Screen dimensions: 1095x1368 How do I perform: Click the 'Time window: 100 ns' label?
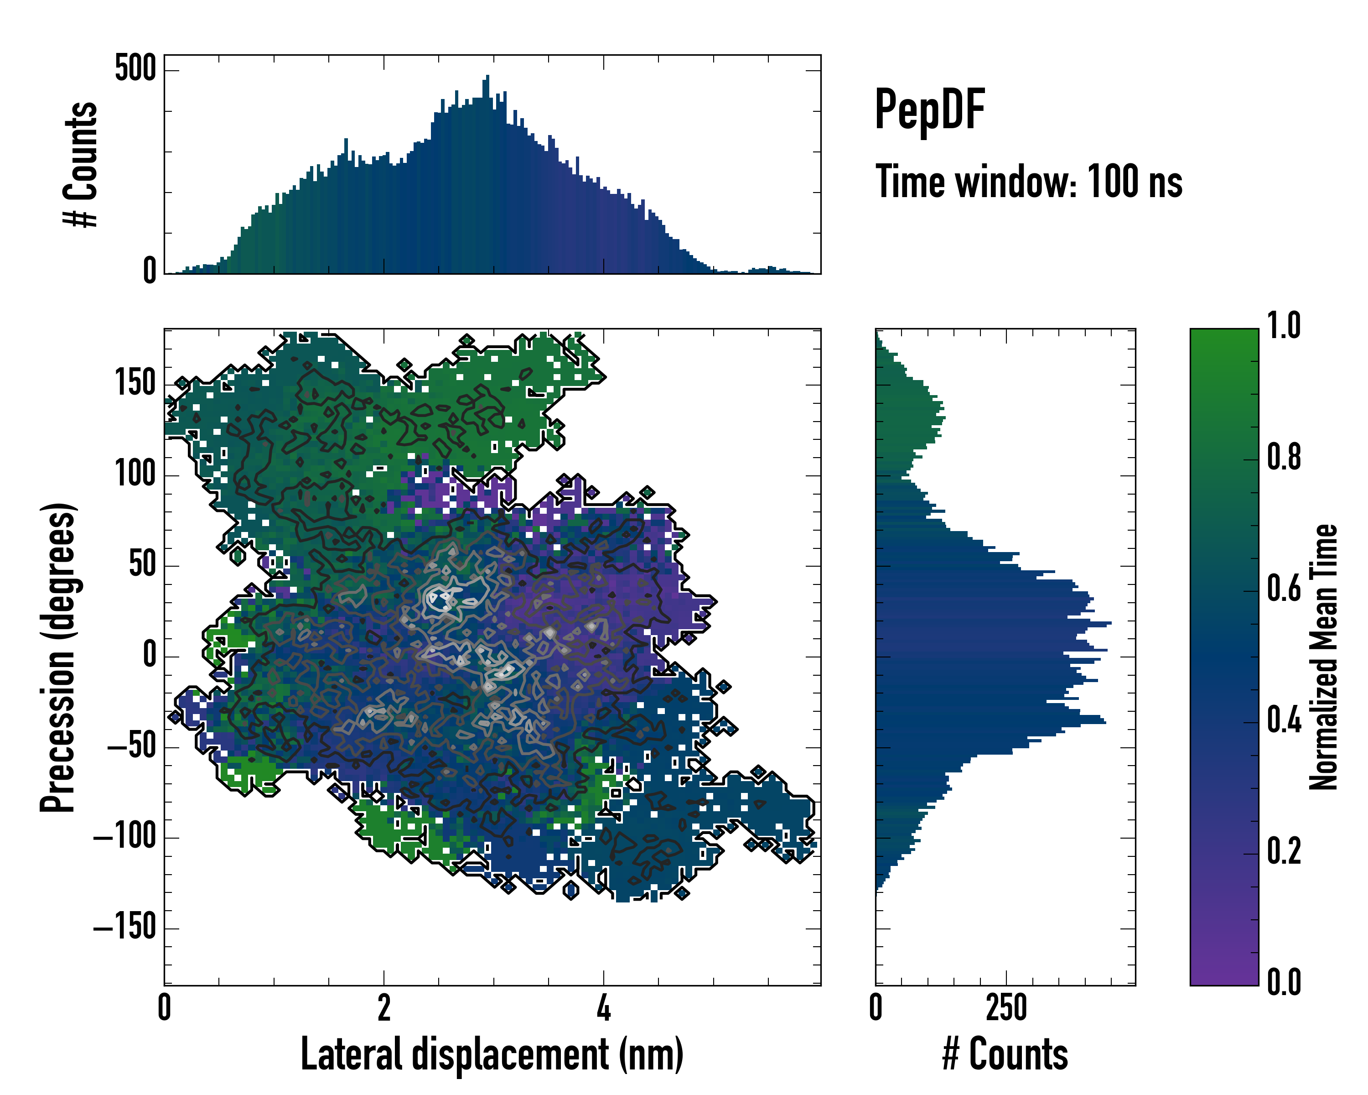click(x=1029, y=182)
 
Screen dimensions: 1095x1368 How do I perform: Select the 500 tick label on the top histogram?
click(x=135, y=68)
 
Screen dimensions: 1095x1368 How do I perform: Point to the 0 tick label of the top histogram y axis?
click(x=149, y=271)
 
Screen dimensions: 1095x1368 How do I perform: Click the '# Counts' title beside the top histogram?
click(x=81, y=164)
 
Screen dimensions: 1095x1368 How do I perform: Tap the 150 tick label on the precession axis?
click(x=135, y=383)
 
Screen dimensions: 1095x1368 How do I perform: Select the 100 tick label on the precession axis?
click(x=135, y=474)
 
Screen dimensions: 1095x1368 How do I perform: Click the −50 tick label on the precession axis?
click(x=131, y=746)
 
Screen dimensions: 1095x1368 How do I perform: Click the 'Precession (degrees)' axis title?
click(x=58, y=657)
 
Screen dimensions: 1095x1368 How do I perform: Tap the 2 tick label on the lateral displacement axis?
click(x=383, y=1008)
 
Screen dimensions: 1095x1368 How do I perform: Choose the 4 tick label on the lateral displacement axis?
click(x=603, y=1008)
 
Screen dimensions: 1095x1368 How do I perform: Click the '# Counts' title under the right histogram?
click(x=1005, y=1054)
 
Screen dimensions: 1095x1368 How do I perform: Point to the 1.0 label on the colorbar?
click(x=1284, y=326)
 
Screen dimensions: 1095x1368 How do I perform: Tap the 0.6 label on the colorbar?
click(x=1284, y=589)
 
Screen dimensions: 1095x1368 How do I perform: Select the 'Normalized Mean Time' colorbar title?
click(x=1324, y=657)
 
